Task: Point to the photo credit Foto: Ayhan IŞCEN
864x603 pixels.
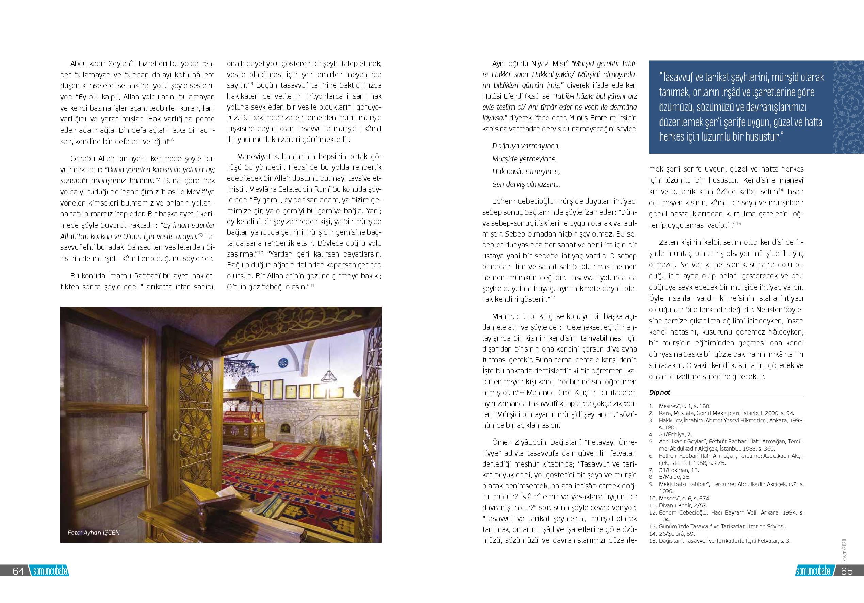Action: pyautogui.click(x=93, y=532)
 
